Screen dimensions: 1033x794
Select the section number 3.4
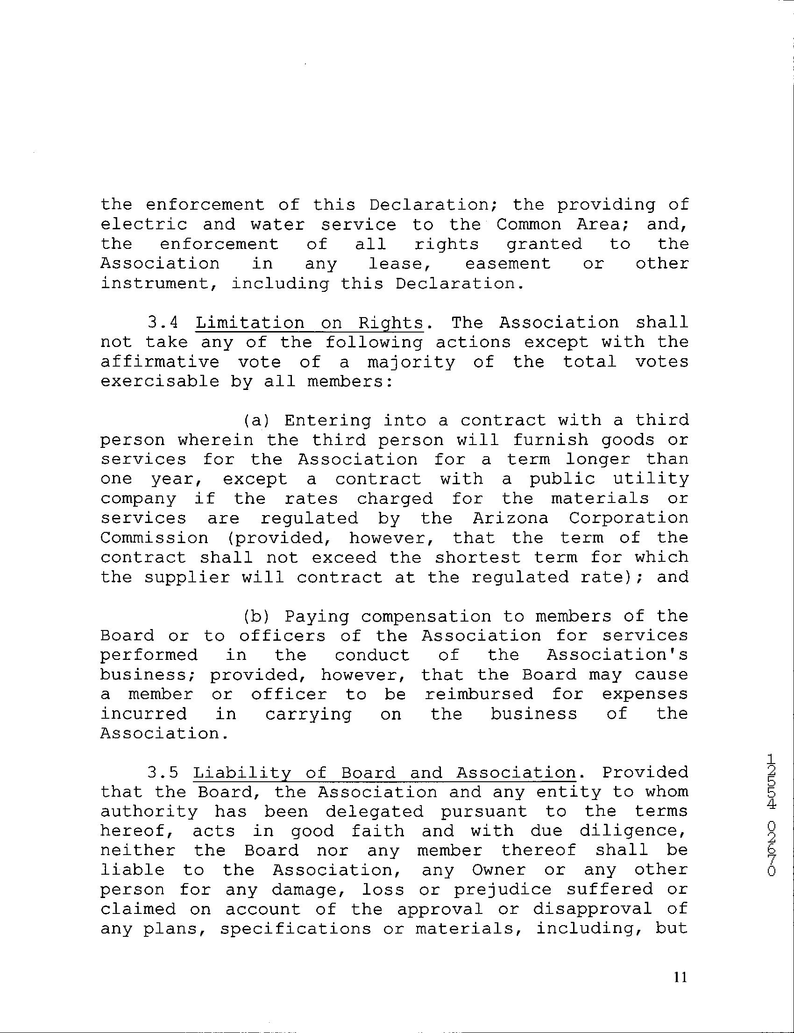click(163, 323)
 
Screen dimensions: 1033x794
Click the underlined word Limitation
click(250, 323)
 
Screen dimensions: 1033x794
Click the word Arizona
click(510, 518)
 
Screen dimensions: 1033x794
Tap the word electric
click(144, 225)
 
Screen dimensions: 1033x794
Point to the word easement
click(508, 264)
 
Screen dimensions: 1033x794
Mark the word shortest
click(478, 558)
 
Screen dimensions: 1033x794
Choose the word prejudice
click(503, 890)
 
